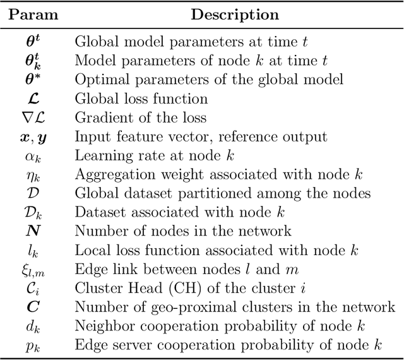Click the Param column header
coord(31,14)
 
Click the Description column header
coord(235,14)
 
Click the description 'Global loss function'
coord(141,99)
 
